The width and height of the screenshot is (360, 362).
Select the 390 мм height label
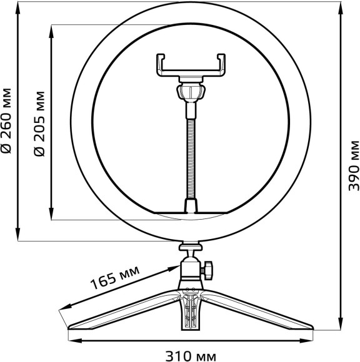353,165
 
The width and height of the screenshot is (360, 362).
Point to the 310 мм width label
191,356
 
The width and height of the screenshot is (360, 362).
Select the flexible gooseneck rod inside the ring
190,150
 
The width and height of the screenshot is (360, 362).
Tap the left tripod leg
119,312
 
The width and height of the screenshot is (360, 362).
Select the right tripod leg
262,312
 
